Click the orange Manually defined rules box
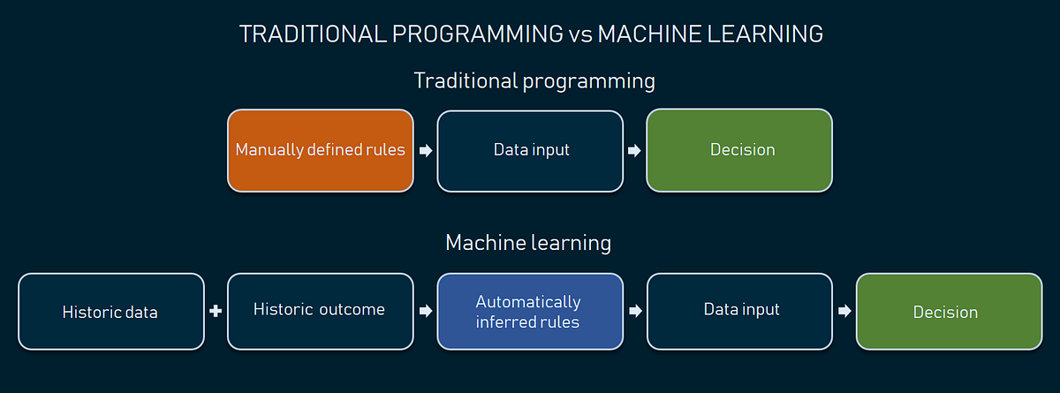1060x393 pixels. (320, 150)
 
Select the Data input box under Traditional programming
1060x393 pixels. (530, 150)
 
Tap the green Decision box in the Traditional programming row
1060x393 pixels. (739, 150)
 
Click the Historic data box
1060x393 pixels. (110, 312)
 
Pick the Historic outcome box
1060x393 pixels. (320, 311)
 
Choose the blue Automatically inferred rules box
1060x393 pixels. (530, 312)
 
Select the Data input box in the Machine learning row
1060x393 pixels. (739, 311)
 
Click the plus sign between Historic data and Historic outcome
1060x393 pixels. (215, 311)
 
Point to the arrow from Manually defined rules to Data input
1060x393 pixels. (425, 150)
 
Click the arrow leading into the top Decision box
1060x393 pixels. (634, 150)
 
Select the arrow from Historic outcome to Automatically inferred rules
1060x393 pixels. (425, 311)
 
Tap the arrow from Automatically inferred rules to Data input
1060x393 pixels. (634, 311)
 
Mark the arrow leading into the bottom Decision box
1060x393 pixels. (844, 311)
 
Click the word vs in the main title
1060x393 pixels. (579, 35)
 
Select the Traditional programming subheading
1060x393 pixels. (534, 81)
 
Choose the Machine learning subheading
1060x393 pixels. (528, 242)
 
